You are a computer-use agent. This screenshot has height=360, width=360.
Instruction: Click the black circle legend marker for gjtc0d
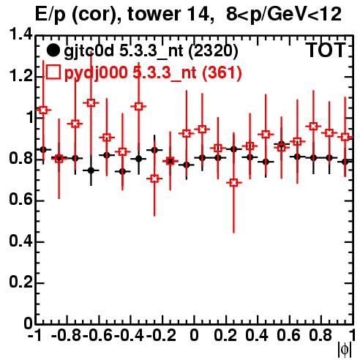[53, 50]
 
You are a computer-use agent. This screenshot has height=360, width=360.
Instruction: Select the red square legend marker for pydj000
[53, 72]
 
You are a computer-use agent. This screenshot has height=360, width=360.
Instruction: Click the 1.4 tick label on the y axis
[20, 34]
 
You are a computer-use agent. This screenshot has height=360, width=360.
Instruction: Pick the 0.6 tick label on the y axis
[20, 200]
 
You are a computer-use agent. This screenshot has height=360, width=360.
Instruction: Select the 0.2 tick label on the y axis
[20, 282]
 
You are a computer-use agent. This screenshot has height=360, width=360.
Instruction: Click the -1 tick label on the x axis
[35, 335]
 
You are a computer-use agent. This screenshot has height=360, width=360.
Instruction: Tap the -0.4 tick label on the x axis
[130, 335]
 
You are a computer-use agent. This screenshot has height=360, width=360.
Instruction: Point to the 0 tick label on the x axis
[194, 335]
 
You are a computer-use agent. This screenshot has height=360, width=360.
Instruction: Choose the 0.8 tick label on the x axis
[320, 335]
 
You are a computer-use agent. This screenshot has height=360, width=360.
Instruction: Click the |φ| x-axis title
[345, 350]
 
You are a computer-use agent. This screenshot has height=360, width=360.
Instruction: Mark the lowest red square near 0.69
[233, 183]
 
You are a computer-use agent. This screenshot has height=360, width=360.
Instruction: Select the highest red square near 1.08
[91, 103]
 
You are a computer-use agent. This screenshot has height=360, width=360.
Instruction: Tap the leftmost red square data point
[43, 110]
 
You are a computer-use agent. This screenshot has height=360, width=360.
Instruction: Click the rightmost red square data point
[345, 137]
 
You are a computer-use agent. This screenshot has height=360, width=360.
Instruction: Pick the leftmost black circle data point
[43, 149]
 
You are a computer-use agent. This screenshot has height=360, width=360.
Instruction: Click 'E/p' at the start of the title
[50, 15]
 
